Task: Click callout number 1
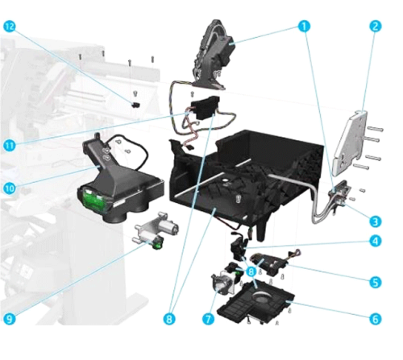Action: (304, 27)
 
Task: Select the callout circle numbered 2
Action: (376, 26)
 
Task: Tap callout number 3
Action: (376, 221)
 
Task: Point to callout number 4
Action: (376, 241)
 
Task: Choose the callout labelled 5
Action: (376, 282)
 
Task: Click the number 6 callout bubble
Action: (376, 319)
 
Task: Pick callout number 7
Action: (209, 319)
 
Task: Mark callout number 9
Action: (10, 319)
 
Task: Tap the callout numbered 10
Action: (10, 188)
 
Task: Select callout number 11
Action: (10, 146)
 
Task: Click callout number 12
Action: (10, 27)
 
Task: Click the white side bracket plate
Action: (349, 143)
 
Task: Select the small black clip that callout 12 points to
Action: (136, 105)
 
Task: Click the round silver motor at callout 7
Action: (222, 284)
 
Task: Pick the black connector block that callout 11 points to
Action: (205, 108)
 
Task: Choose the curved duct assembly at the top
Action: (214, 54)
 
